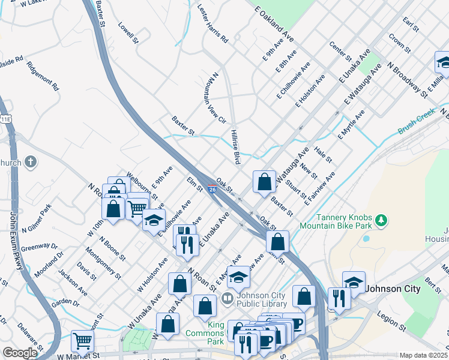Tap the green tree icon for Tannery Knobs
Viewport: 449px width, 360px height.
tap(381, 221)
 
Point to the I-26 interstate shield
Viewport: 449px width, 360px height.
tap(212, 190)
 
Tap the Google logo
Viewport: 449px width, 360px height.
tap(20, 353)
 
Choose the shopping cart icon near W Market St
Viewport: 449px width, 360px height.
tap(82, 341)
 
